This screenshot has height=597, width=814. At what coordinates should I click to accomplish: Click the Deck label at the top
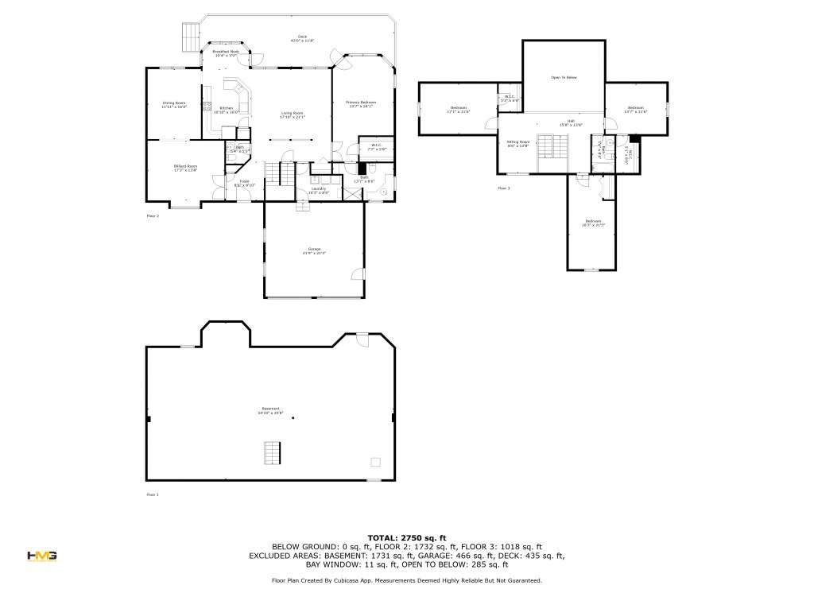pos(302,37)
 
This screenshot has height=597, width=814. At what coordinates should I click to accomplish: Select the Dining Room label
pos(174,104)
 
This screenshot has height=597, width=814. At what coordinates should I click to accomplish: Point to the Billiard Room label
pos(185,167)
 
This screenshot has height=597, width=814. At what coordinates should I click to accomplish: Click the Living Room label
pos(292,114)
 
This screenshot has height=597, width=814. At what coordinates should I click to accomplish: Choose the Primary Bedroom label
pos(360,103)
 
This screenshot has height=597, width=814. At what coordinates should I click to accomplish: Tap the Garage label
pos(314,251)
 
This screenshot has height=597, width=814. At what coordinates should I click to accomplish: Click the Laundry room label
pos(319,190)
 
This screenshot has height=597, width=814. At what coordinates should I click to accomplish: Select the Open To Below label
pos(564,77)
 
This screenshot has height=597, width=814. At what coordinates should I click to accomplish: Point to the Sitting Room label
pos(518,143)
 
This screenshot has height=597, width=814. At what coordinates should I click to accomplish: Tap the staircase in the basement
pos(272,454)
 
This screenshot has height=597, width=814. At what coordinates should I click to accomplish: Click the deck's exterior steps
pos(190,34)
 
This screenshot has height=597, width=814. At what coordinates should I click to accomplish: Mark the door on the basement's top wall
pos(362,339)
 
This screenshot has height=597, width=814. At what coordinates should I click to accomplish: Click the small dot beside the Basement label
pos(293,418)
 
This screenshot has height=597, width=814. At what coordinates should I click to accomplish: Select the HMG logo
pos(41,556)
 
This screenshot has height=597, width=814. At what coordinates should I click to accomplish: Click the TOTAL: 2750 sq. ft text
pos(406,538)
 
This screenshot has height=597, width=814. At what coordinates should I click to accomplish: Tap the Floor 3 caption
pos(504,188)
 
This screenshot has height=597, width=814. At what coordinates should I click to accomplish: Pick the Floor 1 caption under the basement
pos(153,494)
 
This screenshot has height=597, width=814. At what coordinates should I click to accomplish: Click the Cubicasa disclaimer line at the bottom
pos(406,581)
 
